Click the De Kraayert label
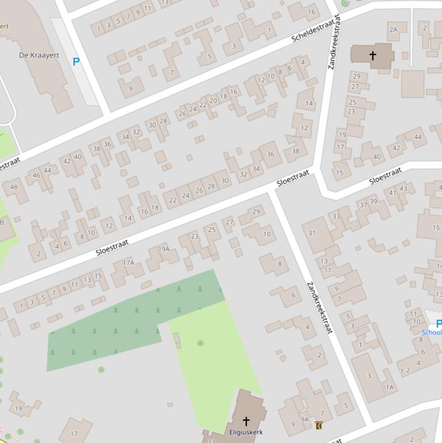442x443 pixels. pyautogui.click(x=39, y=55)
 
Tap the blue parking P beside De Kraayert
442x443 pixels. pyautogui.click(x=76, y=62)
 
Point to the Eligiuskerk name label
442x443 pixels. pyautogui.click(x=246, y=431)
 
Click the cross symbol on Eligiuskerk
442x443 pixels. pyautogui.click(x=246, y=421)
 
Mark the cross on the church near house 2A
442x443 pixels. pyautogui.click(x=372, y=56)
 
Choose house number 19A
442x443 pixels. pyautogui.click(x=164, y=249)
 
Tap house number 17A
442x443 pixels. pyautogui.click(x=128, y=263)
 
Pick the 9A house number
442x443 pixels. pyautogui.click(x=305, y=419)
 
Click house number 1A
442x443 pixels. pyautogui.click(x=390, y=387)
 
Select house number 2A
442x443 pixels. pyautogui.click(x=393, y=29)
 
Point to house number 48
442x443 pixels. pyautogui.click(x=14, y=186)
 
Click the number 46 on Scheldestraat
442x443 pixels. pyautogui.click(x=37, y=175)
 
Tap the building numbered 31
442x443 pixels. pyautogui.click(x=312, y=233)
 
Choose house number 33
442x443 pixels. pyautogui.click(x=336, y=216)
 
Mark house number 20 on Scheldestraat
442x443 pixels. pyautogui.click(x=213, y=101)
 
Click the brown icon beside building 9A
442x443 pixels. pyautogui.click(x=318, y=425)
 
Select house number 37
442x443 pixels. pyautogui.click(x=363, y=205)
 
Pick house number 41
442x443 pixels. pyautogui.click(x=393, y=193)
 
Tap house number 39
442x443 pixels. pyautogui.click(x=374, y=201)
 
